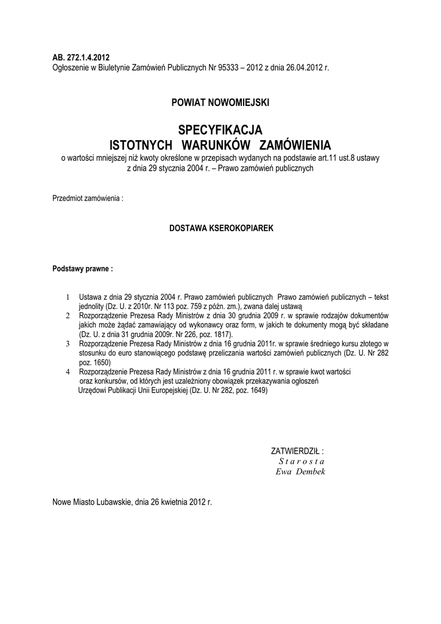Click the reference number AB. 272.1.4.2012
coord(81,57)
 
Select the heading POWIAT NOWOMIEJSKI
coord(220,103)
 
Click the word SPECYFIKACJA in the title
coord(220,130)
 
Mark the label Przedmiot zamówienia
coord(88,199)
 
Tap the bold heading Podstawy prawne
coord(82,268)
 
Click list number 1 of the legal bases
coord(68,297)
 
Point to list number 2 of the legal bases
coord(68,317)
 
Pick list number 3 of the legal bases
coord(68,344)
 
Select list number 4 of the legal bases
coord(68,371)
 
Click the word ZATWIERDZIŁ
coord(296,452)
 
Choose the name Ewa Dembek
coord(301,472)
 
